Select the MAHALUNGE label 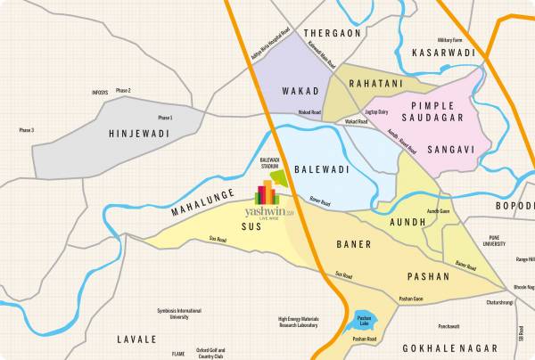pos(202,202)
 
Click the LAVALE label pos(136,340)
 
